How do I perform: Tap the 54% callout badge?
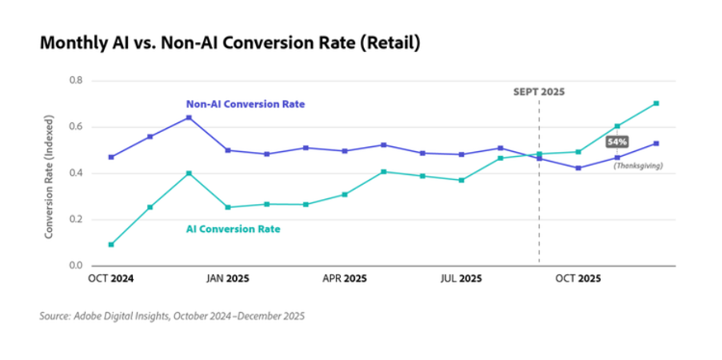(x=617, y=141)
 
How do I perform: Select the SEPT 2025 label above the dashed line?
(x=538, y=91)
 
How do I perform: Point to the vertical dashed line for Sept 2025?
(x=539, y=212)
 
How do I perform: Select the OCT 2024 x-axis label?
(x=112, y=278)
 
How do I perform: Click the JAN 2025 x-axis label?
(x=228, y=278)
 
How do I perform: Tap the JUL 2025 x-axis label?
(x=461, y=278)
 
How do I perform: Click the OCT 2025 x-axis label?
(x=579, y=278)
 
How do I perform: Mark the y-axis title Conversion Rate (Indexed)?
(x=49, y=173)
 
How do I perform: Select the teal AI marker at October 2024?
(x=111, y=244)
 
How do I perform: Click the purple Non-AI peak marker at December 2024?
(x=189, y=117)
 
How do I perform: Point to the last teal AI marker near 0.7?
(x=657, y=103)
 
